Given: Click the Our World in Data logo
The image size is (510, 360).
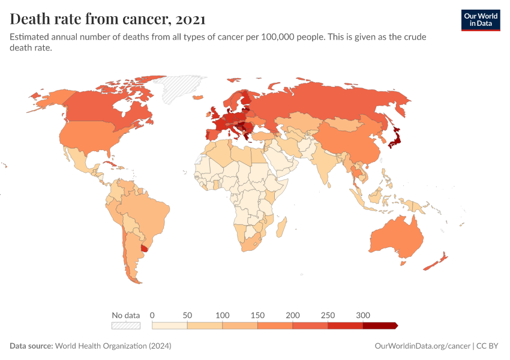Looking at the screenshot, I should coord(480,20).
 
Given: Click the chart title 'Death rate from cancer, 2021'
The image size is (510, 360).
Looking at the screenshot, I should coord(108,19).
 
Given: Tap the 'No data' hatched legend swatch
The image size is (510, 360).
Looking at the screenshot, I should coord(125,326).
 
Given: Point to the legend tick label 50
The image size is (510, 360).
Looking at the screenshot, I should coord(187,315).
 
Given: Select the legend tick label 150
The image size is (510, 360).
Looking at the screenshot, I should coord(257,315).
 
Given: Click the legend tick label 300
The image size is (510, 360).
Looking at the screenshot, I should coord(362,315).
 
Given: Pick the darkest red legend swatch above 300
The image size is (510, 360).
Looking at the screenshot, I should coord(379,326).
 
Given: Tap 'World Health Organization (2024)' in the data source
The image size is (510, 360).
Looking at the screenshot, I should coord(113,346).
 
